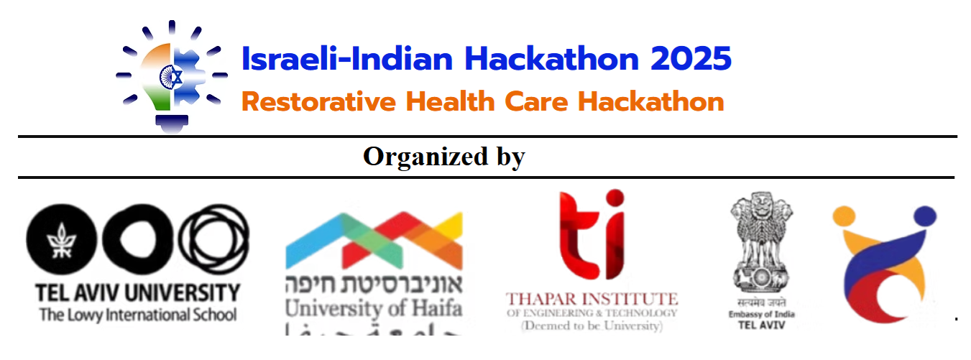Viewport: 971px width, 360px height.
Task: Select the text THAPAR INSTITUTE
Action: [x=592, y=298]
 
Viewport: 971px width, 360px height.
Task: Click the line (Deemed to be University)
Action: [x=592, y=326]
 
